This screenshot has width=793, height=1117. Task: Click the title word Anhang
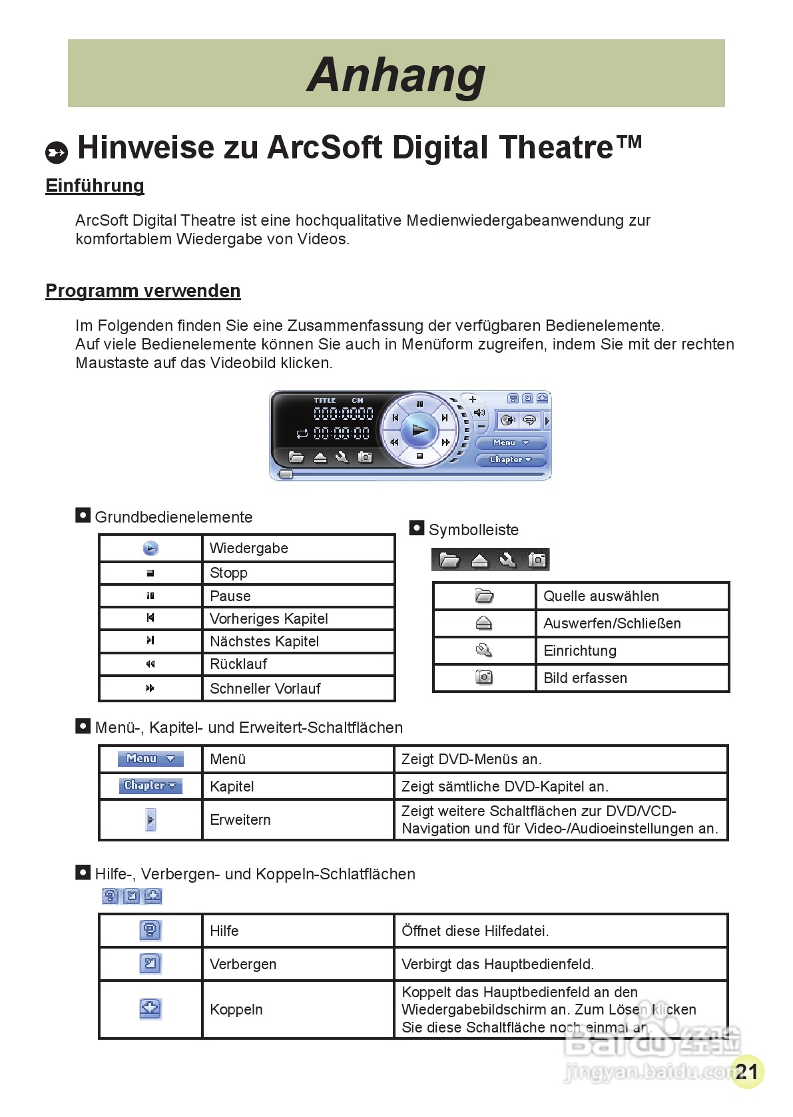pyautogui.click(x=396, y=75)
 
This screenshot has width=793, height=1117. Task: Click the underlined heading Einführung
pyautogui.click(x=95, y=186)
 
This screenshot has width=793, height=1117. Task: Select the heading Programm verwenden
pyautogui.click(x=142, y=291)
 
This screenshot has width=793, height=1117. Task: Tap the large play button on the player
pyautogui.click(x=419, y=430)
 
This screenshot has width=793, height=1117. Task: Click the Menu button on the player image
pyautogui.click(x=511, y=443)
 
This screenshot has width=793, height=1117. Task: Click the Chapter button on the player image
pyautogui.click(x=511, y=459)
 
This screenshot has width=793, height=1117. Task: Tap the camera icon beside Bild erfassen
pyautogui.click(x=484, y=677)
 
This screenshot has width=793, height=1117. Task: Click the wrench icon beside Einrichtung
pyautogui.click(x=484, y=650)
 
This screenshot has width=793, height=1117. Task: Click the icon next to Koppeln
pyautogui.click(x=150, y=1008)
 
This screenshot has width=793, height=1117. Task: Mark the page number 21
pyautogui.click(x=747, y=1071)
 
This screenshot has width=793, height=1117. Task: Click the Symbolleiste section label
pyautogui.click(x=473, y=530)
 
